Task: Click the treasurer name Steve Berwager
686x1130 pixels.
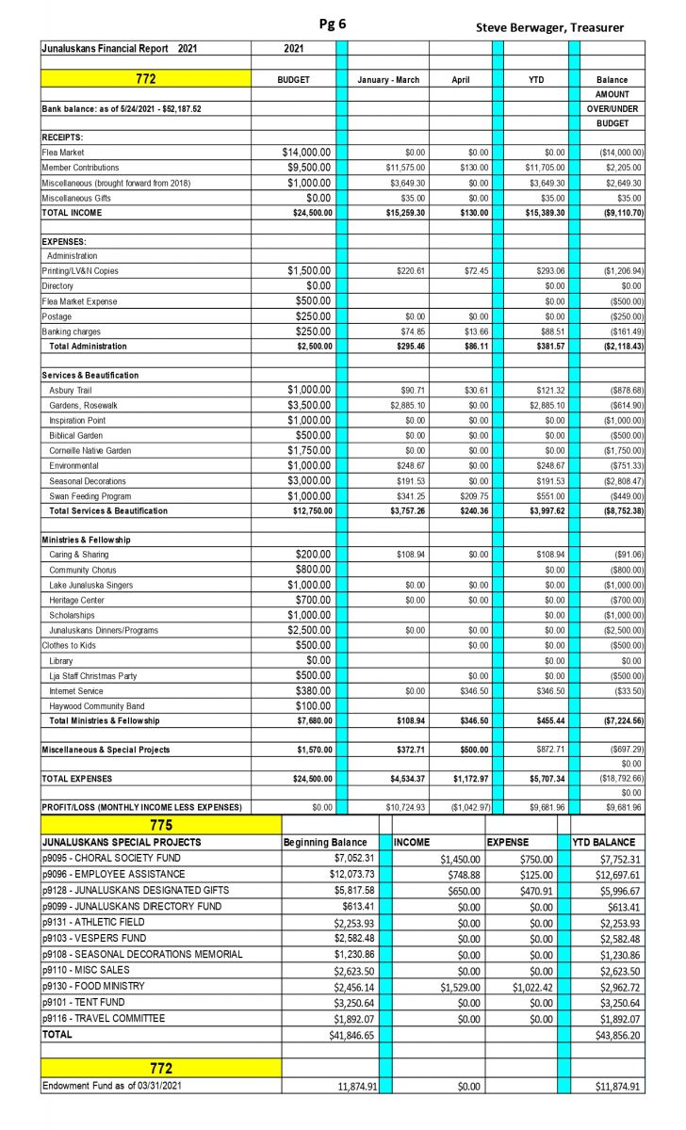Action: (x=549, y=27)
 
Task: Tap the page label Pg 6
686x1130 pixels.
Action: (x=333, y=24)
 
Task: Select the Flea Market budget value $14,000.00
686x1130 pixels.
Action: (x=306, y=152)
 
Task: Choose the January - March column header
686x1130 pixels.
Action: (x=388, y=80)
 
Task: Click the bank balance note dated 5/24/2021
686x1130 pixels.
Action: (x=122, y=109)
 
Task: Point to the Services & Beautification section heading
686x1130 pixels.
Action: (x=90, y=375)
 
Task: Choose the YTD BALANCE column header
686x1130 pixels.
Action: (x=604, y=842)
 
